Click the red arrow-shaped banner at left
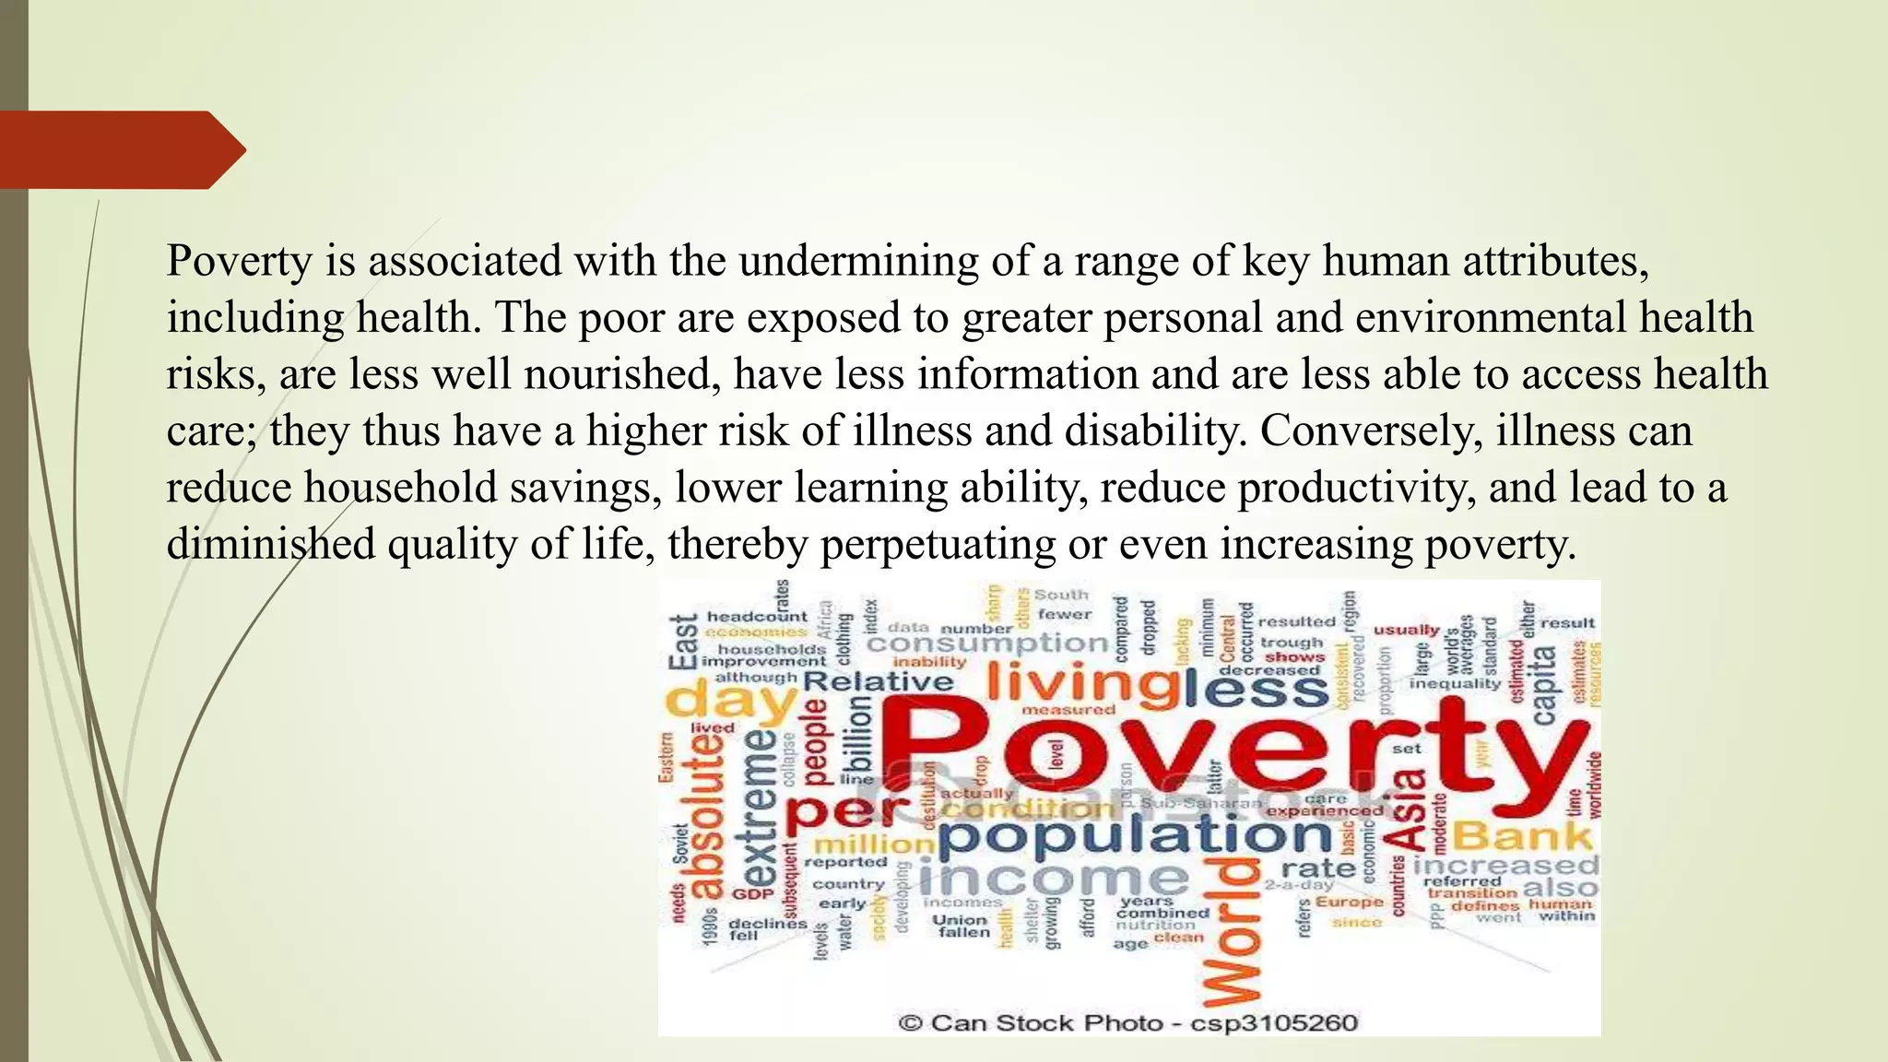(120, 150)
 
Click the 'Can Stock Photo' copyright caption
(1127, 1022)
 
